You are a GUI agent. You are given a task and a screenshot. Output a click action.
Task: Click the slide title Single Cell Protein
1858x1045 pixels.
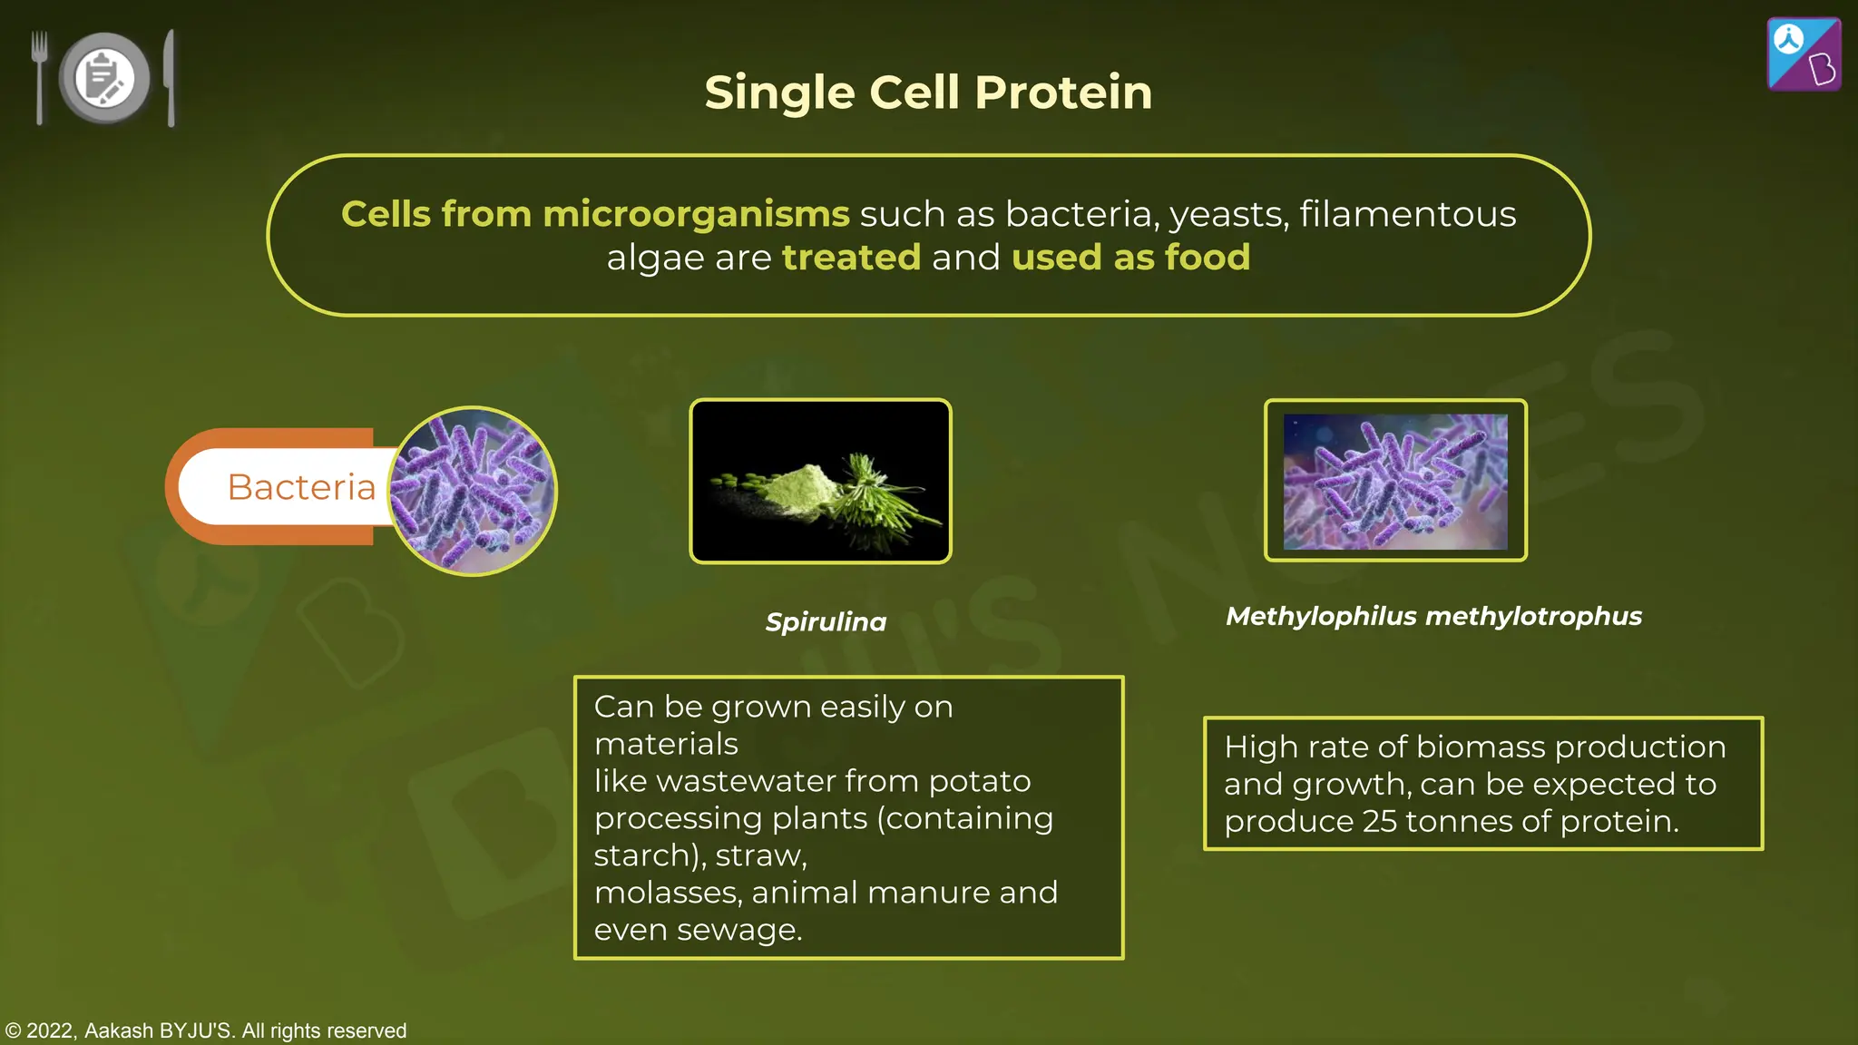coord(928,93)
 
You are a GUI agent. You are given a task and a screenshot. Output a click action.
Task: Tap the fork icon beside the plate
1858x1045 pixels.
coord(39,76)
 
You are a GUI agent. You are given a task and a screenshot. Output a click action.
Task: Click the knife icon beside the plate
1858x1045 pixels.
coord(170,78)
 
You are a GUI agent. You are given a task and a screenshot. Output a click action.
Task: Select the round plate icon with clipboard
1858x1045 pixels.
coord(104,78)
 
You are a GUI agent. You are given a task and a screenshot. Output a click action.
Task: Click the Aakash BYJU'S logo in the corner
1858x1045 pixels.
coord(1804,54)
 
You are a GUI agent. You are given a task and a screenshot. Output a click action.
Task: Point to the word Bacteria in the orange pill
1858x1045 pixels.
coord(301,487)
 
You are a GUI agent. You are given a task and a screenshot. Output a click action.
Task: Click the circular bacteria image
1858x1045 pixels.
coord(473,491)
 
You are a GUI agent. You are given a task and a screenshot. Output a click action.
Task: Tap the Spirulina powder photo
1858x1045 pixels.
coord(820,481)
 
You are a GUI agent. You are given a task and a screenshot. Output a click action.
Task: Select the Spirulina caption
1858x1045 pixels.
coord(826,622)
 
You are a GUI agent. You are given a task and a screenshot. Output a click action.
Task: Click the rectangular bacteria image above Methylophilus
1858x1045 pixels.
coord(1395,481)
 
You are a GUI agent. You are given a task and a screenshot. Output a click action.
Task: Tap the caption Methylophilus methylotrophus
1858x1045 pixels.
coord(1433,617)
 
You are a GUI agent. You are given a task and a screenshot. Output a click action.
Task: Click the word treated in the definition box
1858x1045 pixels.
coord(851,258)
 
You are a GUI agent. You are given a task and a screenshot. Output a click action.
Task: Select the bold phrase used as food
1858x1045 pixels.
coord(1130,258)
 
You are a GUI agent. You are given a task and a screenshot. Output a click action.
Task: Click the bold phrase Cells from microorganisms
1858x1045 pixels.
coord(595,215)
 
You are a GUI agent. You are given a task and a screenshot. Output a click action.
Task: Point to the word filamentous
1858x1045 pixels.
coord(1407,215)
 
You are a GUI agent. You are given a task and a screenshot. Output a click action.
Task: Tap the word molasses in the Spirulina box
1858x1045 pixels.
coord(668,893)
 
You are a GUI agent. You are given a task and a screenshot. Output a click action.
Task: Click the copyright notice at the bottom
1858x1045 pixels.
coord(206,1030)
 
